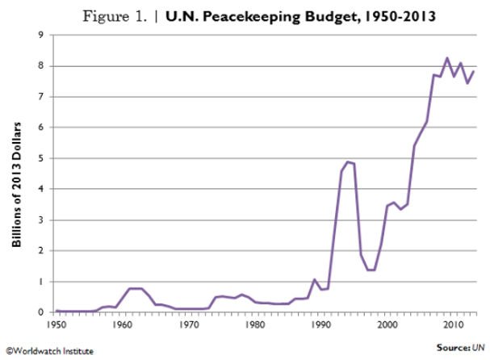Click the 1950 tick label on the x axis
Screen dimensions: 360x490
point(56,324)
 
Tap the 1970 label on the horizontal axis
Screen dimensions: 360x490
point(188,324)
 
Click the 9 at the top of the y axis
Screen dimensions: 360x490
point(40,35)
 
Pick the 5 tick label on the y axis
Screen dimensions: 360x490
point(40,158)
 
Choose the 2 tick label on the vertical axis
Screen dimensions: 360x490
point(40,250)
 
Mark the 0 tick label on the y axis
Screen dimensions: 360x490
point(40,312)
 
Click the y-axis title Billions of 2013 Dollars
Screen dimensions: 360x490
point(15,173)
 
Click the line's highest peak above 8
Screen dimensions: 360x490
point(447,58)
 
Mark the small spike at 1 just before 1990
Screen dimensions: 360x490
point(314,279)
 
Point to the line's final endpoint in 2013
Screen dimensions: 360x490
point(474,71)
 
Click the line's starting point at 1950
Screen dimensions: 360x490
point(56,310)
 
